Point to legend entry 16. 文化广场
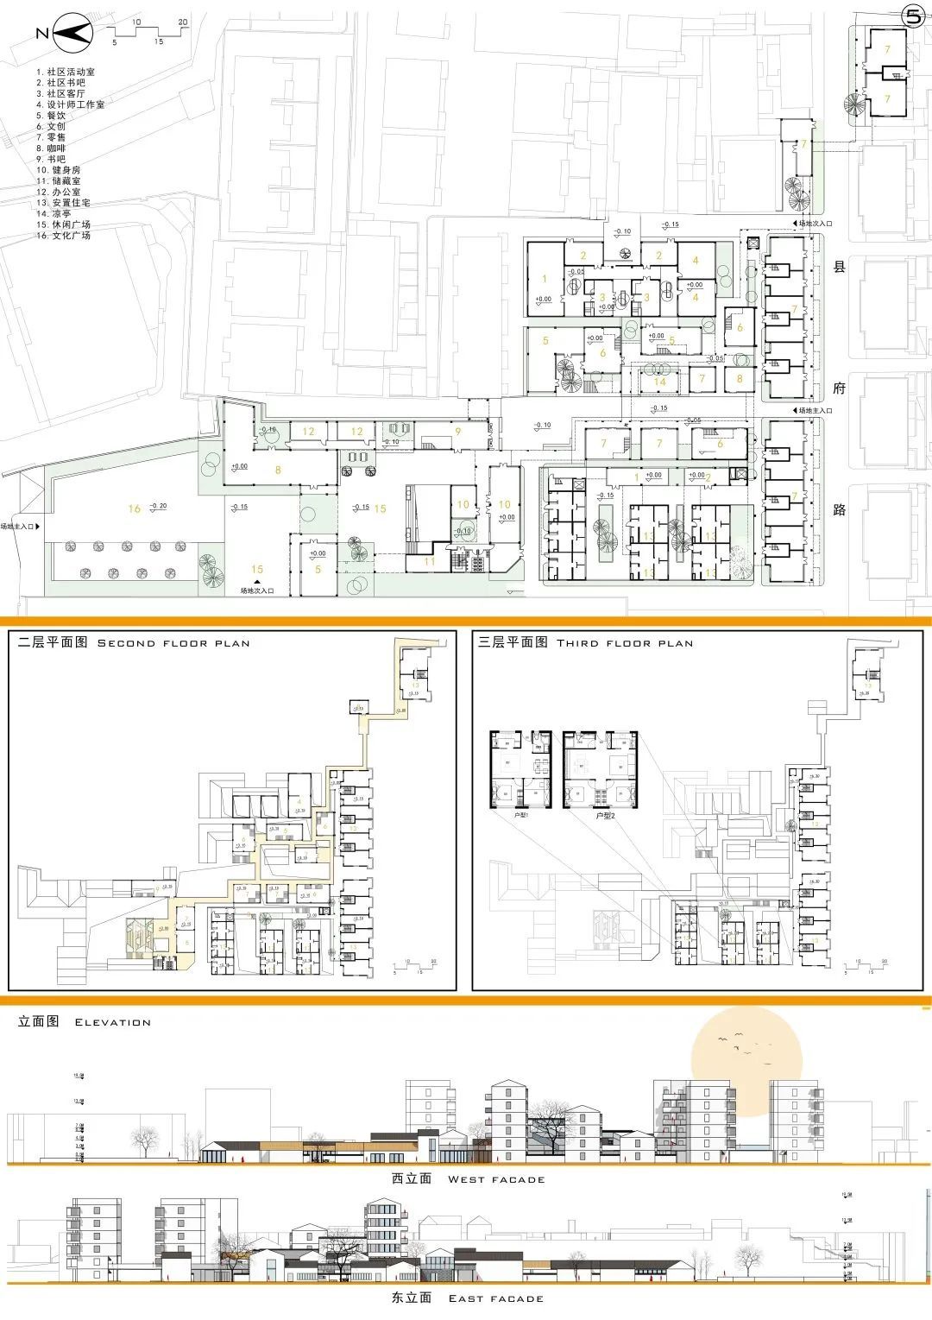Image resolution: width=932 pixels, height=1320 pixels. pyautogui.click(x=63, y=235)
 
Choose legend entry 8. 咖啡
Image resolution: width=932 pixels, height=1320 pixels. pyautogui.click(x=51, y=148)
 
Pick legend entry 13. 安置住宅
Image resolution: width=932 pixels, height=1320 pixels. pyautogui.click(x=63, y=202)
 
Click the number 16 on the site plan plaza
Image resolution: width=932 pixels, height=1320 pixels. pyautogui.click(x=134, y=508)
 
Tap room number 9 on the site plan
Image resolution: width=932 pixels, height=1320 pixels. pyautogui.click(x=458, y=432)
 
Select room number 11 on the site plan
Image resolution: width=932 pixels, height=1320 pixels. pyautogui.click(x=430, y=561)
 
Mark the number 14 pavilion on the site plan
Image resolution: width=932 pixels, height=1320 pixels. pyautogui.click(x=660, y=382)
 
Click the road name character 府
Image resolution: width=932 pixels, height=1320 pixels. pyautogui.click(x=839, y=388)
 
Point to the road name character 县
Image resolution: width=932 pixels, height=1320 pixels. pyautogui.click(x=839, y=267)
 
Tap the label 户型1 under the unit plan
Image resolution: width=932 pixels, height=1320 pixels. pyautogui.click(x=501, y=814)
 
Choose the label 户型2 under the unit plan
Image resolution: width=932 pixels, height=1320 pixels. pyautogui.click(x=605, y=814)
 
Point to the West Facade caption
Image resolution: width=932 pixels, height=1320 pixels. pyautogui.click(x=469, y=1179)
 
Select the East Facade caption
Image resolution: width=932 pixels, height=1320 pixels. pyautogui.click(x=468, y=1298)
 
